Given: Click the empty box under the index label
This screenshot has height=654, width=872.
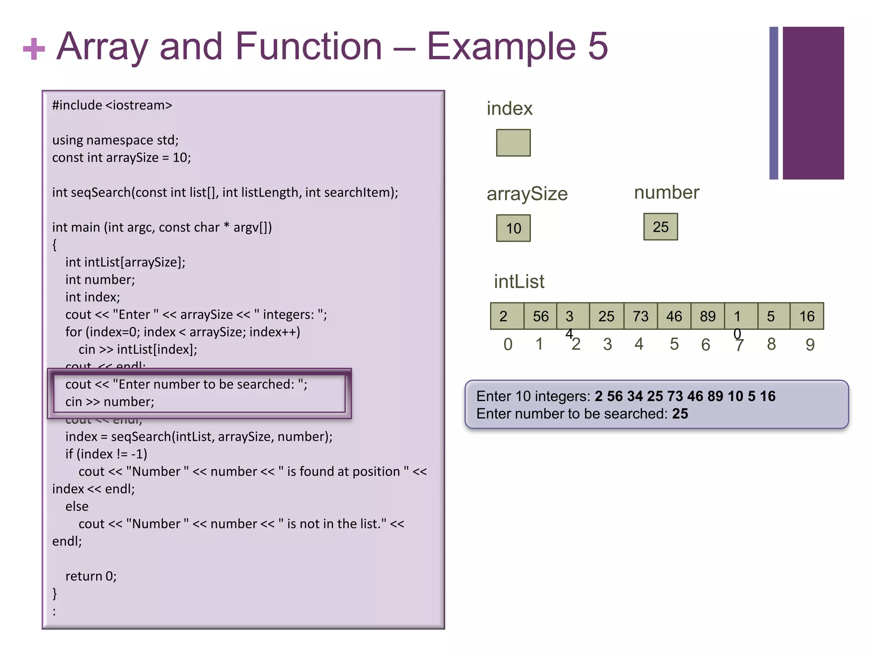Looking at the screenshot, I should [x=513, y=143].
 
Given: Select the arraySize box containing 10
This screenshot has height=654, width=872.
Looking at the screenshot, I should [x=513, y=228].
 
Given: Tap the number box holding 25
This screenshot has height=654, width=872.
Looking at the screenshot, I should [x=660, y=227].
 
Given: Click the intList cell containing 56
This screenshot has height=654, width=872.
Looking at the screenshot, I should [x=540, y=316].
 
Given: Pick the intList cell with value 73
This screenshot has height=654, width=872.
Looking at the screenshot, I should [x=640, y=316].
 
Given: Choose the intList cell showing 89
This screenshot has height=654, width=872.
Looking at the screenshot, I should [x=708, y=316].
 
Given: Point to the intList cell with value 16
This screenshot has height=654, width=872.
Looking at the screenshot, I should [x=807, y=316].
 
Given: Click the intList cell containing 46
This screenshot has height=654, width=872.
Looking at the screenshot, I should [x=674, y=316].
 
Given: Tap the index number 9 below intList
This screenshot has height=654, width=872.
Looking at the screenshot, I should [x=810, y=344].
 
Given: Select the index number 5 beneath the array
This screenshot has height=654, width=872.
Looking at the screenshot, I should [x=674, y=344].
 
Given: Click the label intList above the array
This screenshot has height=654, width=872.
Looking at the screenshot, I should [x=519, y=281].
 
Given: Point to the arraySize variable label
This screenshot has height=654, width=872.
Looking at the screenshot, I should [x=527, y=194].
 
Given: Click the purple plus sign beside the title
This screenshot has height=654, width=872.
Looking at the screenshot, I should [x=34, y=49].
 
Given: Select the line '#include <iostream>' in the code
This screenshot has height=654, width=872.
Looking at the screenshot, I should [x=112, y=105].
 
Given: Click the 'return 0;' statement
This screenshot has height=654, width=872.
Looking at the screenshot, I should [x=91, y=576].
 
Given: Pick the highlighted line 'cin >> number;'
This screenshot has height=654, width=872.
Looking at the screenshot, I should [x=110, y=402].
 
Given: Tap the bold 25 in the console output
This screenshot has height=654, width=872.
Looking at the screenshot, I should [x=680, y=413].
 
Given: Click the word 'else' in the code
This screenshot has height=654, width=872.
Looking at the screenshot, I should [x=77, y=506].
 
